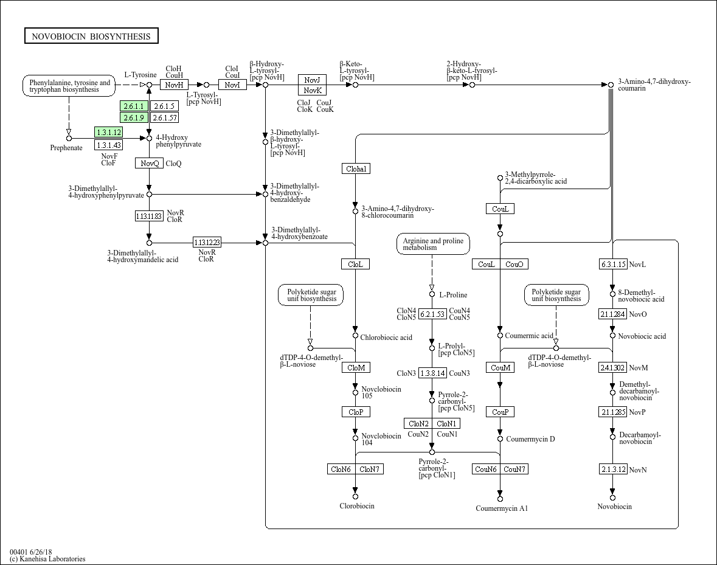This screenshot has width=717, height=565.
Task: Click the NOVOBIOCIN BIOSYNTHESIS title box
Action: pos(91,36)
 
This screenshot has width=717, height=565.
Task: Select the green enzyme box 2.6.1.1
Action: pos(134,106)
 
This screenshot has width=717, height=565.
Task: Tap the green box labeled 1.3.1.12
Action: pos(108,132)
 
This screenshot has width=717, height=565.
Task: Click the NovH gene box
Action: pos(174,85)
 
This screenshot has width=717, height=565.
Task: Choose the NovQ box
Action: pos(149,163)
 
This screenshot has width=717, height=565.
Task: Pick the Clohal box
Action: pos(355,168)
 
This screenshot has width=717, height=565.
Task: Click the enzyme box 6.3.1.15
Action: pos(612,264)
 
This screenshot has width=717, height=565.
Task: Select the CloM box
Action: pos(355,367)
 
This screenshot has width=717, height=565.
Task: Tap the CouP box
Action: pos(500,412)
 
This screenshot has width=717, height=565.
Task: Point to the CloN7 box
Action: pos(369,469)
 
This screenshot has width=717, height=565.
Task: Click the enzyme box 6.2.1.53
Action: pos(432,314)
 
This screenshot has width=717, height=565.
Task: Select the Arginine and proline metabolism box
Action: pos(432,244)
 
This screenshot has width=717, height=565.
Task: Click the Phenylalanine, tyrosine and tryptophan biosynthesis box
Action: pos(69,86)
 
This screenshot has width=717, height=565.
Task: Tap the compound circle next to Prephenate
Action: pos(69,138)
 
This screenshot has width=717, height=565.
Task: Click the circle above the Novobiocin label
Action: pos(612,497)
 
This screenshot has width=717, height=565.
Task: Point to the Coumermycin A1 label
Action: pos(502,508)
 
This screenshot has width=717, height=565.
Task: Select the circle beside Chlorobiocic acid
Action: pos(355,336)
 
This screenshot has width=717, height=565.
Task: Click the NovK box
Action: pos(313,90)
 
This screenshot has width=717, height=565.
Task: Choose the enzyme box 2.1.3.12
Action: pos(612,470)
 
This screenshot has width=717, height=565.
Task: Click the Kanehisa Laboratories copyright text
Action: pos(47,559)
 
